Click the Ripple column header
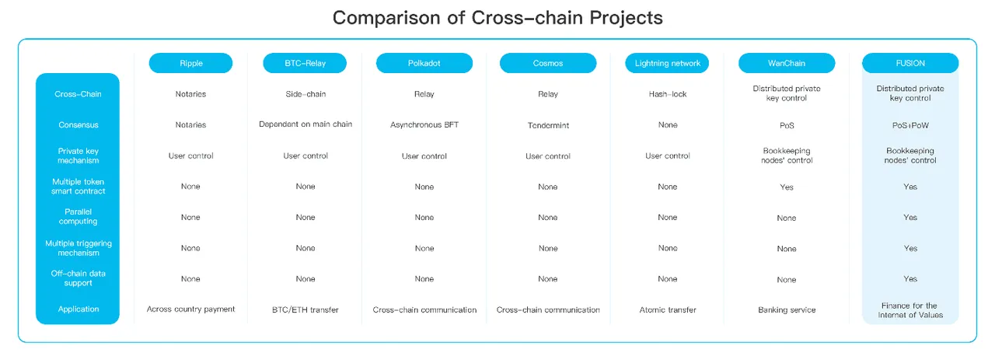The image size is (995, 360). [190, 63]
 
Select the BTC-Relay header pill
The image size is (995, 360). [305, 63]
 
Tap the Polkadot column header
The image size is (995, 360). [424, 63]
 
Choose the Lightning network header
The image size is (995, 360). [667, 63]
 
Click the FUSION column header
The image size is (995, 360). [910, 63]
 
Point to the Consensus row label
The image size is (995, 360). [79, 125]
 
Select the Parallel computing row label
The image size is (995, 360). [79, 216]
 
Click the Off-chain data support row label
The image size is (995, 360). [79, 278]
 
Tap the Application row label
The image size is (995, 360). [79, 309]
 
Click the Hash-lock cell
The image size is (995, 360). [668, 94]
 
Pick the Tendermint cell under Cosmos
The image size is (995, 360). [548, 125]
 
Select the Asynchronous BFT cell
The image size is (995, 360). [424, 125]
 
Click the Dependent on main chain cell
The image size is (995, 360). [305, 124]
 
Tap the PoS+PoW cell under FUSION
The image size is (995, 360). [910, 125]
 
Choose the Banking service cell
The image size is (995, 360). [787, 309]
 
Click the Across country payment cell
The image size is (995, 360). [190, 309]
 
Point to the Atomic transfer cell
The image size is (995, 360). [668, 309]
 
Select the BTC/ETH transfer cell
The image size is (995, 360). [305, 309]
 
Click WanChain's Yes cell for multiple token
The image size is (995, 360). [787, 187]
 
